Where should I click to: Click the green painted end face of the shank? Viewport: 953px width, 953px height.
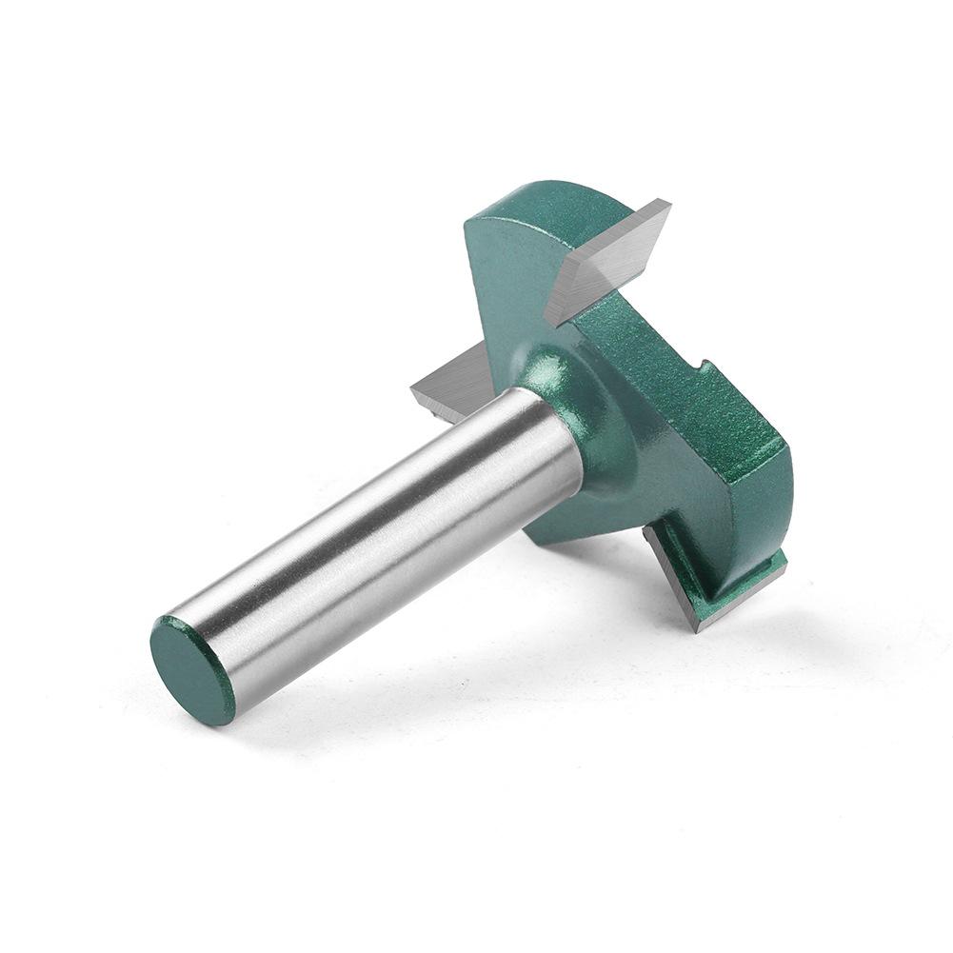[x=193, y=669]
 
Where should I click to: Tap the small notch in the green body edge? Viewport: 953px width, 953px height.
[x=702, y=367]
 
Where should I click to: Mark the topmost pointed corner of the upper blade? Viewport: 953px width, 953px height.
[x=667, y=201]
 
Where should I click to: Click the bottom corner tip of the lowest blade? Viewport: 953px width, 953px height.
[x=700, y=628]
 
